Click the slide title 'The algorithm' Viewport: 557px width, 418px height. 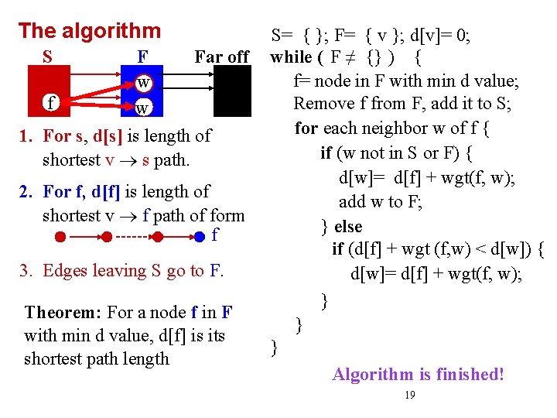coord(89,31)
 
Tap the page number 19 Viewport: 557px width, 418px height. coord(410,396)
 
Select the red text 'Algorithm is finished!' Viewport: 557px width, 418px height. coord(418,375)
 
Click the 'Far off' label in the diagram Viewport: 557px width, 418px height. coord(221,57)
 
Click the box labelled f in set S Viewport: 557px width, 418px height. coord(50,102)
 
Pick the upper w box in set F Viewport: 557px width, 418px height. coord(143,82)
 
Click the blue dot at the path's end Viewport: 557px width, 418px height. coord(200,236)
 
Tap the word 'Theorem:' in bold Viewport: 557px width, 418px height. coord(63,313)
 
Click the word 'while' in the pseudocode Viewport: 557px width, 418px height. coord(291,57)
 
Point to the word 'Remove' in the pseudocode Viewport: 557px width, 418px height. coord(323,104)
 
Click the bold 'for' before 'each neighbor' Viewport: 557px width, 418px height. coord(306,128)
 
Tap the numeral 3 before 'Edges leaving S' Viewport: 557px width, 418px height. coord(26,271)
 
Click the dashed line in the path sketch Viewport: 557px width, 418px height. coord(135,236)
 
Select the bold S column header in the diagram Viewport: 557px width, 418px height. coord(48,57)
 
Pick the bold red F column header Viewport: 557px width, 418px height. coord(142,57)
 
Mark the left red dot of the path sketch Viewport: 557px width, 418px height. coord(49,236)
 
